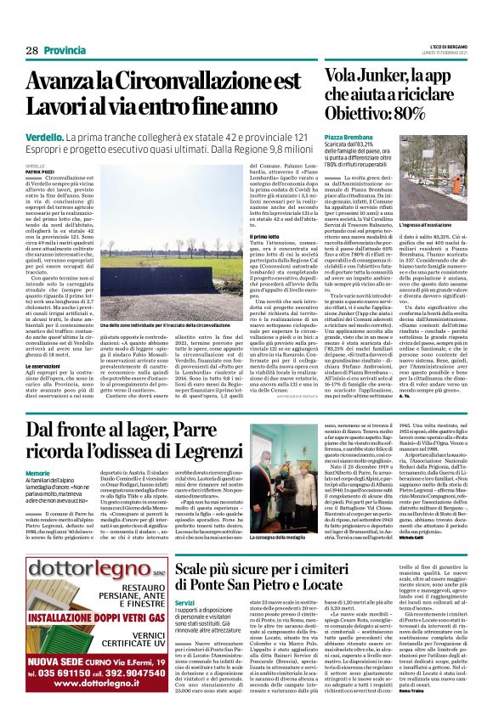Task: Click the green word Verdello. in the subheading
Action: tap(42, 136)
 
